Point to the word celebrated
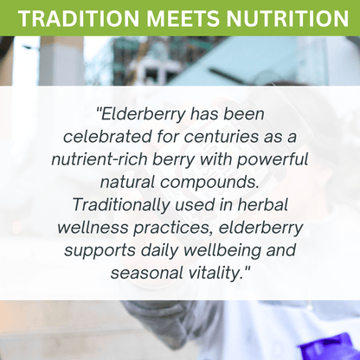(101, 138)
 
